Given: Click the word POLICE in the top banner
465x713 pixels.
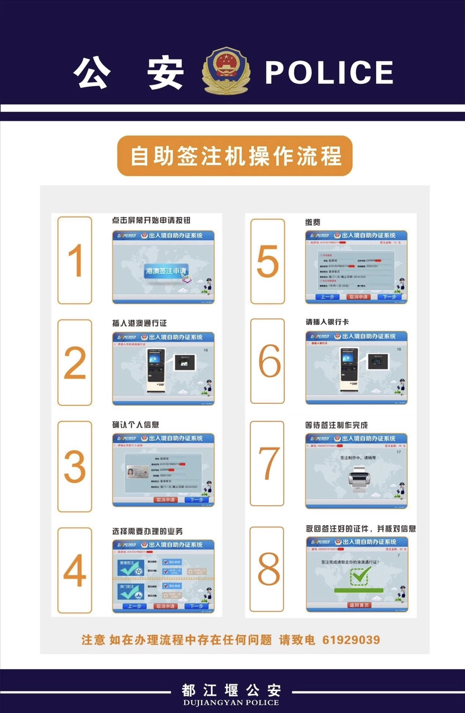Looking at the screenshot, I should click(329, 73).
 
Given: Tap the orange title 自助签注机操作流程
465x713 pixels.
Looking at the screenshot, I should click(235, 156).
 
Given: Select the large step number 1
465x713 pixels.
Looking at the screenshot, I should click(75, 260).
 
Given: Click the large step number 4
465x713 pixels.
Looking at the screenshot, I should click(75, 570).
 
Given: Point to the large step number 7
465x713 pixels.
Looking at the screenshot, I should click(267, 464).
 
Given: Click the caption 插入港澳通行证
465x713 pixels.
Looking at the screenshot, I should click(139, 323).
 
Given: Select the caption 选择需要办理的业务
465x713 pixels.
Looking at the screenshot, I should click(148, 531).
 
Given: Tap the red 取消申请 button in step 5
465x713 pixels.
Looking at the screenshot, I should click(358, 296).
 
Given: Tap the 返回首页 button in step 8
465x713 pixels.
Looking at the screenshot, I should click(359, 605).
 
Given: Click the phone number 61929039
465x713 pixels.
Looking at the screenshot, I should click(351, 639).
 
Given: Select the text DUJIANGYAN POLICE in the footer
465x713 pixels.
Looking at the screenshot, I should click(231, 702).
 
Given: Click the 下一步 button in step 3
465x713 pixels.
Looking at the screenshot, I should click(196, 499).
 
